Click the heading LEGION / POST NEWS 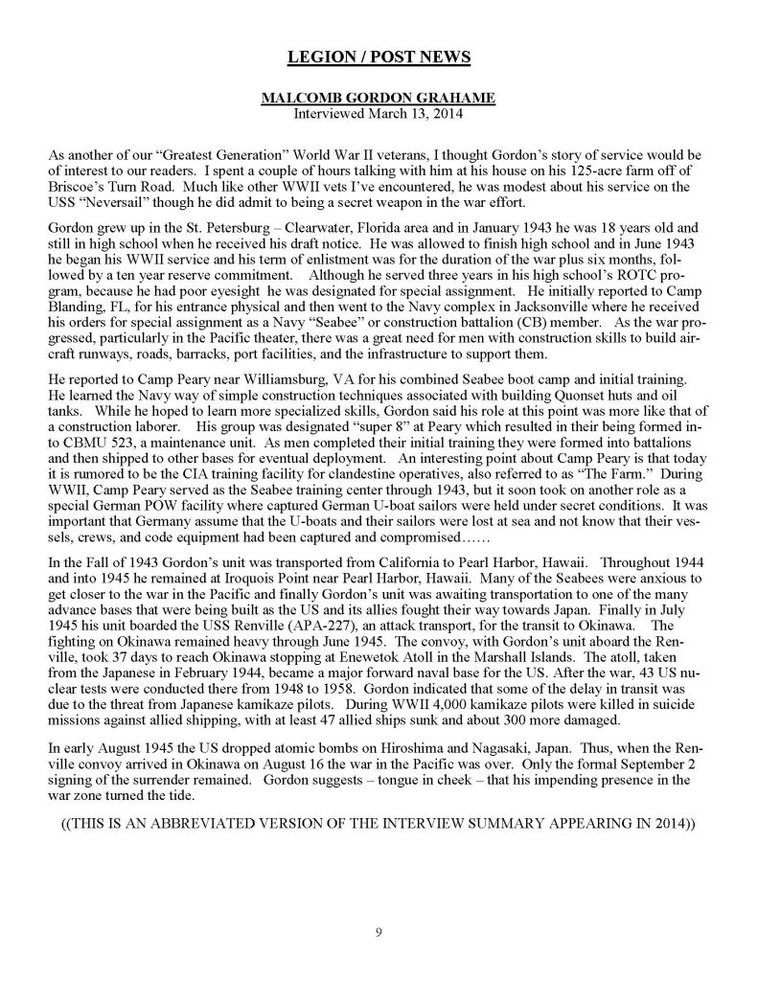tap(379, 58)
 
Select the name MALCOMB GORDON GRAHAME tap(379, 100)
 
